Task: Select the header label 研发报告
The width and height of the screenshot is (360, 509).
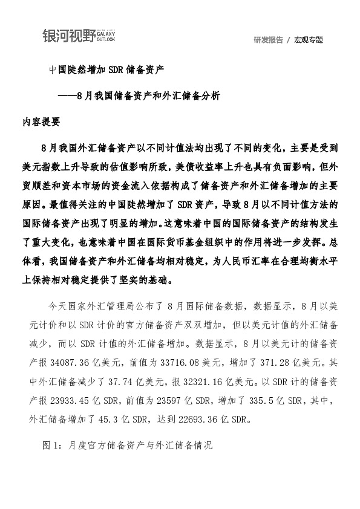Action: pos(269,40)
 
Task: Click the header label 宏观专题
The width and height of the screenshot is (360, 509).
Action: pos(309,40)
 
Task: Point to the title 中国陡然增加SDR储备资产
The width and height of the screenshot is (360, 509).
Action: pos(106,70)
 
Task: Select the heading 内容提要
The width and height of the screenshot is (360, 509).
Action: pos(41,120)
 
